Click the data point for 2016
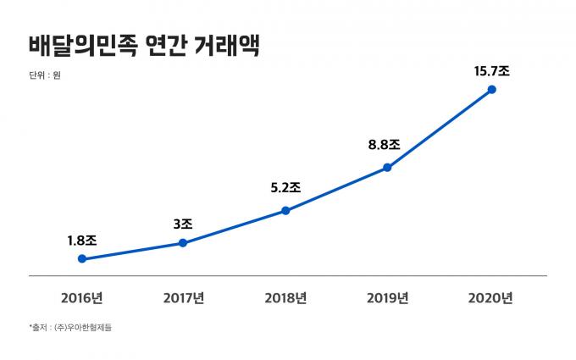pyautogui.click(x=81, y=258)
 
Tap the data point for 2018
pyautogui.click(x=285, y=210)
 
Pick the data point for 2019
pyautogui.click(x=387, y=167)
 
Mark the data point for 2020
pyautogui.click(x=490, y=89)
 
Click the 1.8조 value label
pyautogui.click(x=81, y=241)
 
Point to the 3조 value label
pyautogui.click(x=182, y=224)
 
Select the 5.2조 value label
pyautogui.click(x=285, y=189)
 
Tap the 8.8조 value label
pyautogui.click(x=387, y=145)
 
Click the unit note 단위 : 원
pyautogui.click(x=44, y=75)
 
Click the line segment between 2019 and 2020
pyautogui.click(x=439, y=128)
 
